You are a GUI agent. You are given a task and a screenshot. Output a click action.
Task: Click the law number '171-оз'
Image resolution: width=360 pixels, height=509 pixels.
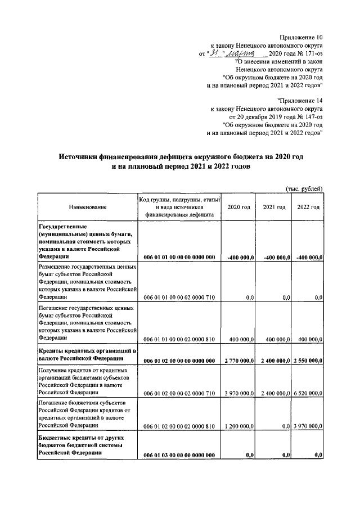tap(312, 53)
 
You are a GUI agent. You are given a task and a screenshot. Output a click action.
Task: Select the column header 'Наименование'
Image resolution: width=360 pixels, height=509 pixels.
tap(88, 207)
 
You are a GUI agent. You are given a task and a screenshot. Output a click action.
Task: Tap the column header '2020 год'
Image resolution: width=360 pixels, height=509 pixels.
tap(238, 207)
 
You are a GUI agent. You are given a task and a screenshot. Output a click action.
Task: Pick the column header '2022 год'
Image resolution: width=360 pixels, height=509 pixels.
tap(309, 207)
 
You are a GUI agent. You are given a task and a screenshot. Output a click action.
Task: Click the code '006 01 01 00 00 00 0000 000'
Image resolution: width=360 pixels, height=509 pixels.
tap(179, 257)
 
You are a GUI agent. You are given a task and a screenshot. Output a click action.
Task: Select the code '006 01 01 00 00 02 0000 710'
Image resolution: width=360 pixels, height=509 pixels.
tap(179, 297)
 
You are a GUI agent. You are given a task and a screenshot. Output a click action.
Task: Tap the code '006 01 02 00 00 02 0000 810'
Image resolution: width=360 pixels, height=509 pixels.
tap(179, 427)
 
